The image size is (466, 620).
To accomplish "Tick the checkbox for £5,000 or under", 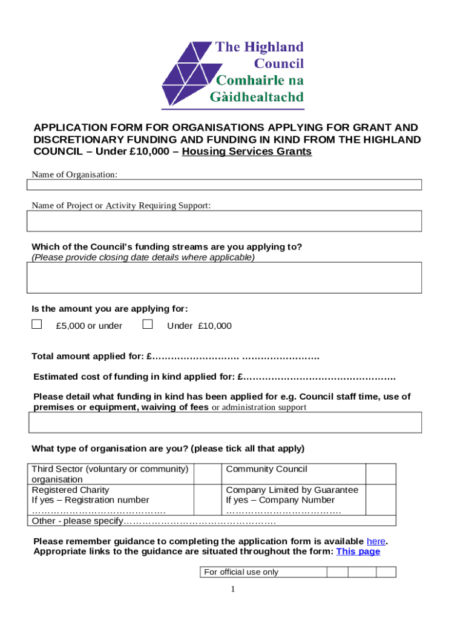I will pos(37,325).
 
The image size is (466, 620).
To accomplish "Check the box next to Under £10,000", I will pos(147,325).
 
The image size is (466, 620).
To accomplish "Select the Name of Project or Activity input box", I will pos(225,221).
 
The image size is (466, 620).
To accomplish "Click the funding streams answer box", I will pos(225,278).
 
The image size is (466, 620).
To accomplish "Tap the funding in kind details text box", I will pos(225,422).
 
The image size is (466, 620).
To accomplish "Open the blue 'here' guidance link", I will pos(376,541).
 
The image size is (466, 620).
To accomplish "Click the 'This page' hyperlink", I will pos(358,552).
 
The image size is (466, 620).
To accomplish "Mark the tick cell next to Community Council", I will pos(381,474).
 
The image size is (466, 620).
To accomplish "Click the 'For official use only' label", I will pos(241,572).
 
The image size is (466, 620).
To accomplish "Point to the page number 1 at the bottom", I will pos(233,590).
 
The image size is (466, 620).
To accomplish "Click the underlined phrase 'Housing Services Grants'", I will pos(247,152).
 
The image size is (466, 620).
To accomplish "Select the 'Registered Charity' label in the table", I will pos(71,490).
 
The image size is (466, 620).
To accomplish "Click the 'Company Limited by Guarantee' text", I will pos(292,490).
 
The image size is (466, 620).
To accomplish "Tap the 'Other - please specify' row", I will pos(154,521).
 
